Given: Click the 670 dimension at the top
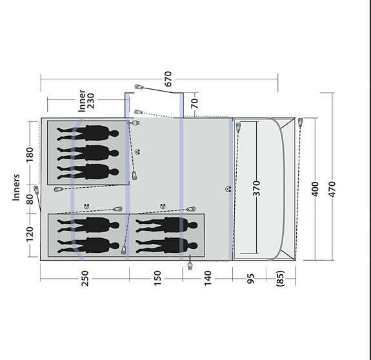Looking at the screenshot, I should click(168, 79).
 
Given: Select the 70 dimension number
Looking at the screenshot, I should click(194, 102).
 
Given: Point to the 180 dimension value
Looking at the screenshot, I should click(28, 155).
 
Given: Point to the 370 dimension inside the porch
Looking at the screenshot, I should click(256, 188).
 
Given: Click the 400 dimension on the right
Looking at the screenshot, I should click(315, 188).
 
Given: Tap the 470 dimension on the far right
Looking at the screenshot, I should click(332, 188).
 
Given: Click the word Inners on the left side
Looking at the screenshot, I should click(17, 187).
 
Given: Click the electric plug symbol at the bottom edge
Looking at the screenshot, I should click(190, 265).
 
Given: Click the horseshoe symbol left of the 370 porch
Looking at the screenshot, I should click(228, 188).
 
